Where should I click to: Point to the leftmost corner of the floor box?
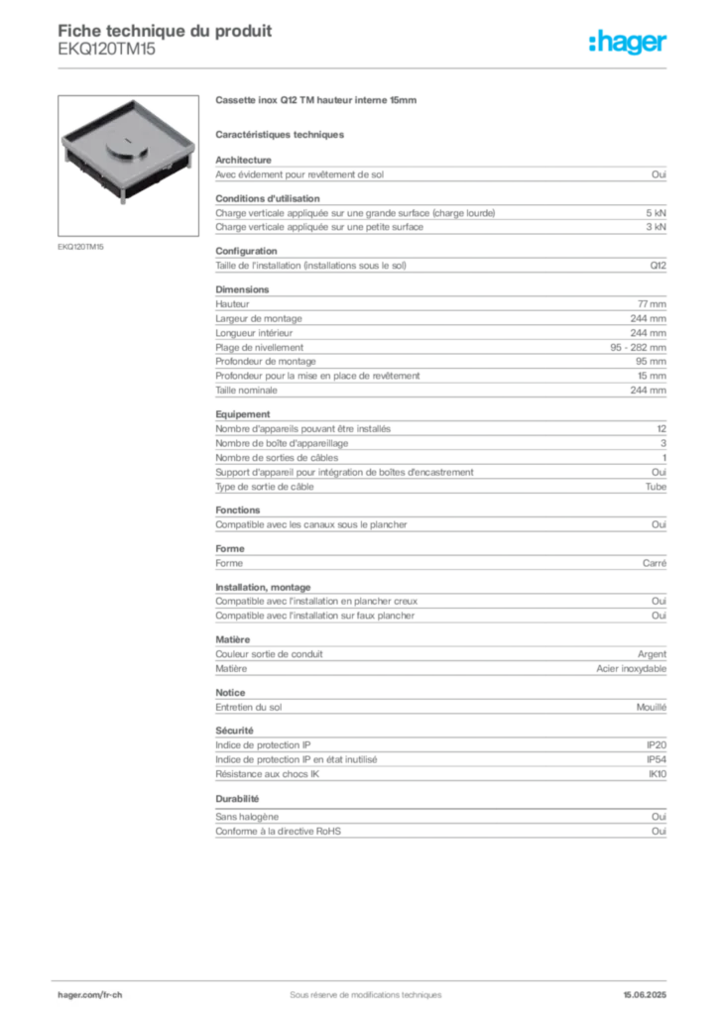point(61,142)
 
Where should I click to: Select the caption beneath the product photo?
point(82,245)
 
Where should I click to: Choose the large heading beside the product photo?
point(317,101)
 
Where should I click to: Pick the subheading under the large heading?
point(282,132)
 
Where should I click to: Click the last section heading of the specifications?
point(237,799)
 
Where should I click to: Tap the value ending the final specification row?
point(662,814)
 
